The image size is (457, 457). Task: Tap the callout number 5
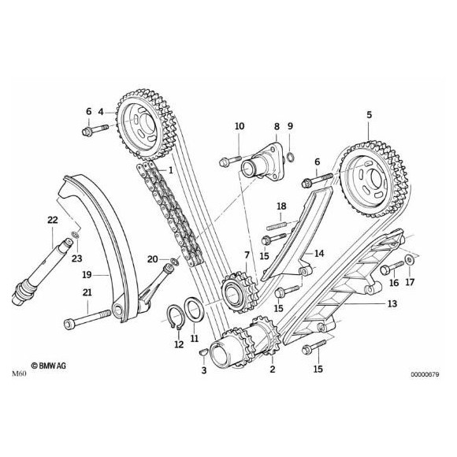tap(368, 115)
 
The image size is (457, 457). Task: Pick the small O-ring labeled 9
tap(292, 154)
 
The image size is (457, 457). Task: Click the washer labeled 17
tap(411, 261)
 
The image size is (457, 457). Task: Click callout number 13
tap(391, 303)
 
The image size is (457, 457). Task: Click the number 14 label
tap(319, 253)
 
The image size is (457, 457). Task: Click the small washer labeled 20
tap(173, 261)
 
